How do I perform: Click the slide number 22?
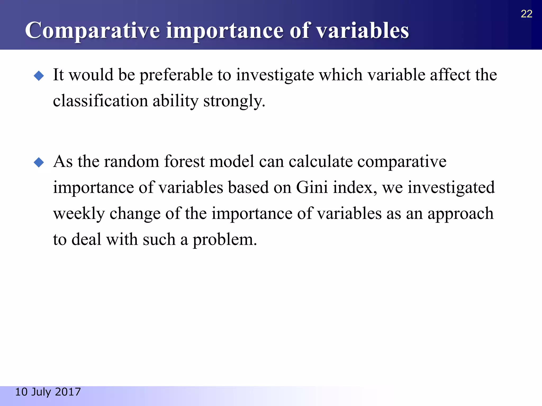pyautogui.click(x=526, y=14)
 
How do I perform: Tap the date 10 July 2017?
pyautogui.click(x=48, y=392)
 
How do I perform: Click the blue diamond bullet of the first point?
pyautogui.click(x=39, y=76)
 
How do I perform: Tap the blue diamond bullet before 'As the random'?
pyautogui.click(x=39, y=162)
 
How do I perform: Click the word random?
pyautogui.click(x=131, y=162)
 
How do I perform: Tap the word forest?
pyautogui.click(x=184, y=162)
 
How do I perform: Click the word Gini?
pyautogui.click(x=312, y=187)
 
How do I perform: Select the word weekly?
pyautogui.click(x=79, y=214)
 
